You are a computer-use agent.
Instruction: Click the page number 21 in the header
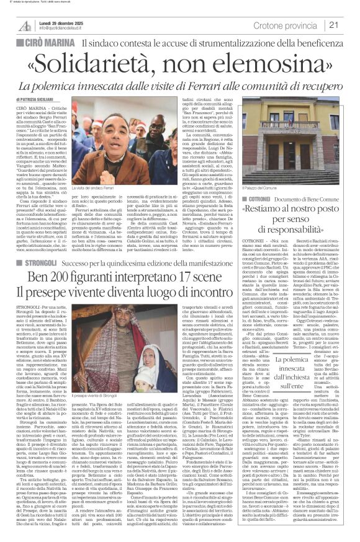pyautogui.click(x=349, y=25)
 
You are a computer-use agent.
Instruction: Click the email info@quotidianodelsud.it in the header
pyautogui.click(x=63, y=29)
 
